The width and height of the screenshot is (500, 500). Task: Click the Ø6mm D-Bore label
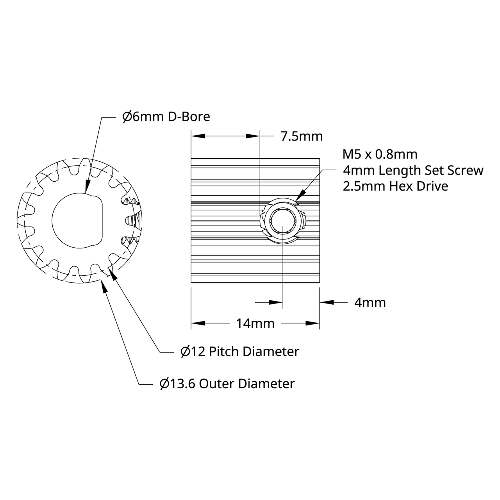(x=166, y=117)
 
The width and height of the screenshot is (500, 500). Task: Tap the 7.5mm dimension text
(x=302, y=136)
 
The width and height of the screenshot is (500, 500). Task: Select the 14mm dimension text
(x=255, y=323)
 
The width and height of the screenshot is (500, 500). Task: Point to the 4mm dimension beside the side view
(x=370, y=303)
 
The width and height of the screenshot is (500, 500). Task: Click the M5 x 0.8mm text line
(x=380, y=154)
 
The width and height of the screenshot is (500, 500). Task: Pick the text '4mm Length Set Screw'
(x=413, y=170)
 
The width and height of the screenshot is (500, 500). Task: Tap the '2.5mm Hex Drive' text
(x=395, y=186)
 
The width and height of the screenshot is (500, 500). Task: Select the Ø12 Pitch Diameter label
(x=240, y=352)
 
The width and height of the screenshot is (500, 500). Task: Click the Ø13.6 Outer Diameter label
(x=227, y=384)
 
